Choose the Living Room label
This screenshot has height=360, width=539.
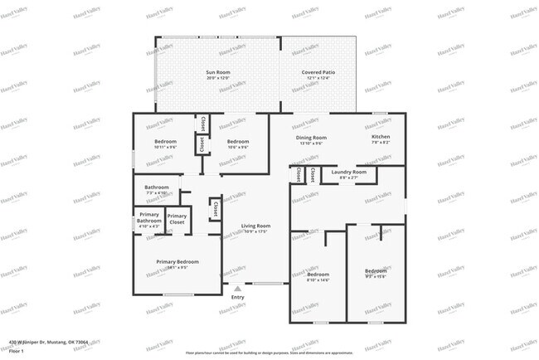[255, 228]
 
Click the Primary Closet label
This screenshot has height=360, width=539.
[177, 220]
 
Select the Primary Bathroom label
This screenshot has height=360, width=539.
[149, 220]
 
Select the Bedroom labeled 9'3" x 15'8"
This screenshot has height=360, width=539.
[376, 273]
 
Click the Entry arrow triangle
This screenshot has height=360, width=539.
[237, 289]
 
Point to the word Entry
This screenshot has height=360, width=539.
[237, 297]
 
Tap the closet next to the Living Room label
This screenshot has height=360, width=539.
[215, 208]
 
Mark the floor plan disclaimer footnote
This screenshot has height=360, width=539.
[269, 351]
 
